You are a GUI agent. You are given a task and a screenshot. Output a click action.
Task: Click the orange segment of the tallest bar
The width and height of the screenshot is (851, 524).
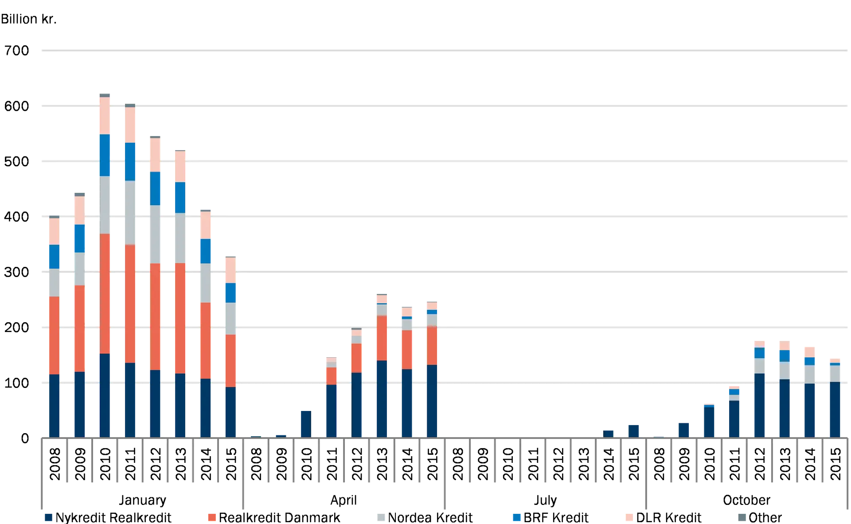105,293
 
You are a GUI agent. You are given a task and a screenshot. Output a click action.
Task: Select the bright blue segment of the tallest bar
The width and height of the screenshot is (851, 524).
105,155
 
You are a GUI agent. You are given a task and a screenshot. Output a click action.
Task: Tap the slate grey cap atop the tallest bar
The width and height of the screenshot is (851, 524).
105,95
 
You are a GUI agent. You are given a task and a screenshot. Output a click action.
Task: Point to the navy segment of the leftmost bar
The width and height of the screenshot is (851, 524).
54,406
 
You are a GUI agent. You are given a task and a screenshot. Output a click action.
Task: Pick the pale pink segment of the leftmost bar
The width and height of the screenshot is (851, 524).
54,231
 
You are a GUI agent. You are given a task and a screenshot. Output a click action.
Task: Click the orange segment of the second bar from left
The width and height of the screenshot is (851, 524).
79,328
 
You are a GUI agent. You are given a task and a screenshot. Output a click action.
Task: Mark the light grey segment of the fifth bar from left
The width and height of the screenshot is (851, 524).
155,234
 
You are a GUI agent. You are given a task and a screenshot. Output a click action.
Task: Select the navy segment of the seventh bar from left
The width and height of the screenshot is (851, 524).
205,408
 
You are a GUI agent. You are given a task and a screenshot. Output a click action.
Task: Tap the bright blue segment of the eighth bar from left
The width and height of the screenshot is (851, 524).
230,293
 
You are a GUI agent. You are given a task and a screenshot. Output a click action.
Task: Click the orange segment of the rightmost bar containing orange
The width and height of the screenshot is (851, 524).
432,346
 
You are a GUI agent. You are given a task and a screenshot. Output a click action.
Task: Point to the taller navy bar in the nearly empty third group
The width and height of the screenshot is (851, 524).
634,430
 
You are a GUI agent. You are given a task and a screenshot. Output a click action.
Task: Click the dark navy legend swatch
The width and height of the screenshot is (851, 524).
48,518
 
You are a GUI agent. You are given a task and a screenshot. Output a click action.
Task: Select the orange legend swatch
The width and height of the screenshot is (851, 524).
212,518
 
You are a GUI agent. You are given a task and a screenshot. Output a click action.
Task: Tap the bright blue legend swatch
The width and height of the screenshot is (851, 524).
516,518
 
